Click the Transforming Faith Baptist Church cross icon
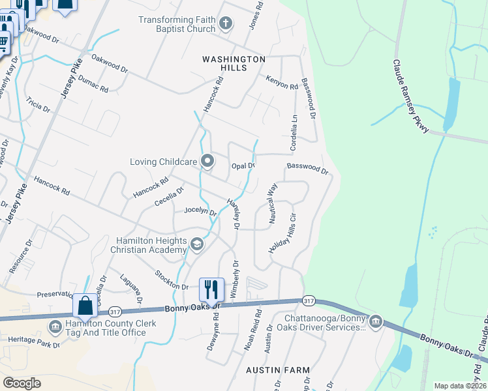226,25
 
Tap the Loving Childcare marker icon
208,160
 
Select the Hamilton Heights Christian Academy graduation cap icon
196,244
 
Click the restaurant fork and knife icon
211,289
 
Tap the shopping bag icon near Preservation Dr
85,305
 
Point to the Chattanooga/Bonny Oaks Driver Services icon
375,322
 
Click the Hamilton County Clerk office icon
55,324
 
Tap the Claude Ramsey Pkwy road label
410,96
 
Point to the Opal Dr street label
243,166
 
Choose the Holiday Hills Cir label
283,233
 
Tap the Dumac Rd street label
93,83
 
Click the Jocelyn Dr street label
200,210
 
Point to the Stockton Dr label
172,280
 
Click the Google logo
22,383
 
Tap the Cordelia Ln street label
294,132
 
